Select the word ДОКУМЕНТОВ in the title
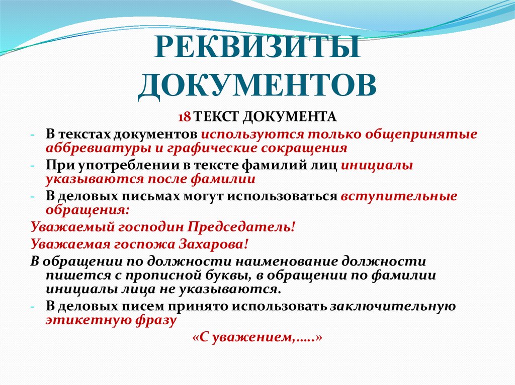click(257, 85)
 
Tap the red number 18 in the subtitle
click(184, 117)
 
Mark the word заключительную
click(392, 306)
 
